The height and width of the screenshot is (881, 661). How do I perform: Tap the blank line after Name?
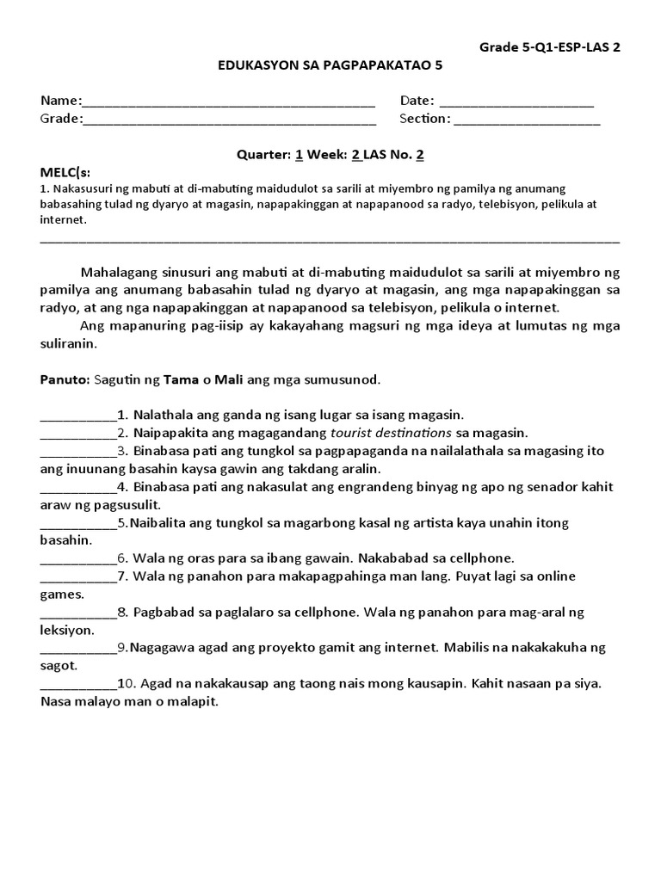point(229,102)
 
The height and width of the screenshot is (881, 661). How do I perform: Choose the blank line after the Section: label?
point(527,120)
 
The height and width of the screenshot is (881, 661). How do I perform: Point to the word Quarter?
point(263,155)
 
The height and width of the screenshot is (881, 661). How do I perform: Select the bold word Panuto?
point(64,379)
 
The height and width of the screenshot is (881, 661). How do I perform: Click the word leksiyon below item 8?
point(66,630)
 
